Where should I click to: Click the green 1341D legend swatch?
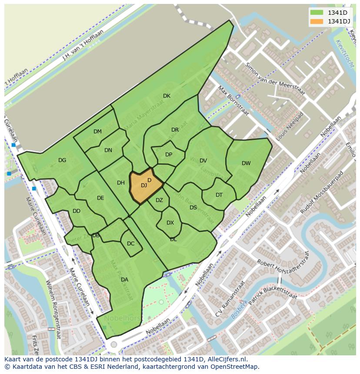click(317, 12)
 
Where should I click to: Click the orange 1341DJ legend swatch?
click(317, 21)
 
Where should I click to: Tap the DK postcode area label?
click(167, 96)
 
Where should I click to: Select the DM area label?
click(97, 132)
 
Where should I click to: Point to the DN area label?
click(108, 150)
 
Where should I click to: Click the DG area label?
click(62, 160)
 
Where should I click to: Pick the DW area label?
click(246, 163)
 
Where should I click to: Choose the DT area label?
click(219, 195)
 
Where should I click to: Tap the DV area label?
click(203, 161)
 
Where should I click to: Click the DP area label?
click(169, 155)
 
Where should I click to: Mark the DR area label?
click(175, 130)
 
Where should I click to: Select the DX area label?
click(170, 223)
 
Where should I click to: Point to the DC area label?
click(131, 244)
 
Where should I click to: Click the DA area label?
click(124, 280)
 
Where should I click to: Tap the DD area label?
click(77, 211)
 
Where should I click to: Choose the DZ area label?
click(159, 200)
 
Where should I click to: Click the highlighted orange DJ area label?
click(144, 185)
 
